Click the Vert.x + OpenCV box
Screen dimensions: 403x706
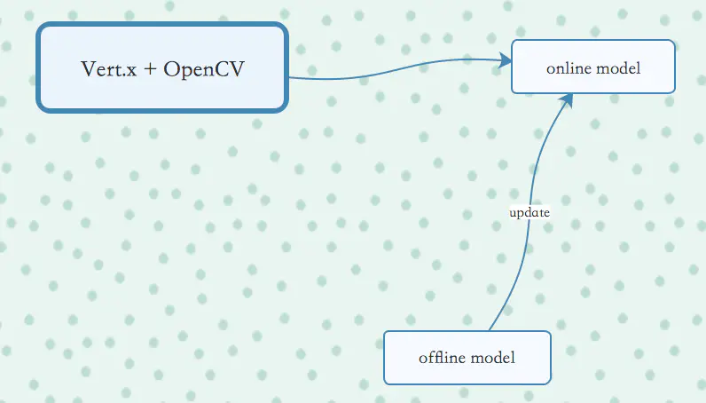pos(162,67)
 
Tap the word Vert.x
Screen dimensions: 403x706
pos(107,68)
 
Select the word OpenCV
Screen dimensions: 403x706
pos(204,69)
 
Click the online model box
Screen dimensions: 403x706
pos(592,67)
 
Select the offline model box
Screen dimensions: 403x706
pos(467,357)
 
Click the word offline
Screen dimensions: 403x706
pos(442,358)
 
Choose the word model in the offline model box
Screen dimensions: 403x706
pos(492,358)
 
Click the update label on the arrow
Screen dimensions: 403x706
pos(529,213)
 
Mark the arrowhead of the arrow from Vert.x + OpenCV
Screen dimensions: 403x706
pos(506,60)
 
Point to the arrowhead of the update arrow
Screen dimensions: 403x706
pos(565,99)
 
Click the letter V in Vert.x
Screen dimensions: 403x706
pos(87,68)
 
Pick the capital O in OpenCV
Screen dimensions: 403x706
pos(171,68)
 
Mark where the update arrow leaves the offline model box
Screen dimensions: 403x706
pos(490,330)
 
